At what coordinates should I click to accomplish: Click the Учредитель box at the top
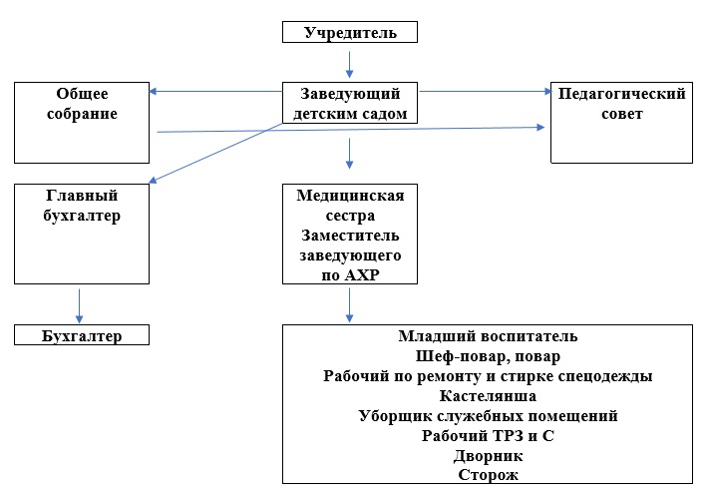tap(350, 32)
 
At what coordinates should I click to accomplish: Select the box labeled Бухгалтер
tap(82, 335)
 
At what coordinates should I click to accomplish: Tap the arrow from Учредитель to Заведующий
tap(349, 64)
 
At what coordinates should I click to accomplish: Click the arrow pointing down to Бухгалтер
tap(79, 306)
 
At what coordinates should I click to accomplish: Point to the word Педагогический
tap(621, 94)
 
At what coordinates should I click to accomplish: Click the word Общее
tap(82, 94)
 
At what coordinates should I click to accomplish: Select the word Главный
tap(82, 195)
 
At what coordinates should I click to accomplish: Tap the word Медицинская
tap(350, 195)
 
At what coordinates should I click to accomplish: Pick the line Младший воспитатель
tap(488, 335)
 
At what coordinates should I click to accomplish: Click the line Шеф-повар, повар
tap(488, 356)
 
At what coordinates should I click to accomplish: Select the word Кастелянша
tap(488, 396)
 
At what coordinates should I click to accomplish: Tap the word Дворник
tap(488, 456)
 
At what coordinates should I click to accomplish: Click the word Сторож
tap(488, 475)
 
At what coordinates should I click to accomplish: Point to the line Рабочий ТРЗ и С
tap(488, 435)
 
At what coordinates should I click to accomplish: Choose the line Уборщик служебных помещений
tap(488, 415)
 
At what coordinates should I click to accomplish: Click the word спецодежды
tap(604, 376)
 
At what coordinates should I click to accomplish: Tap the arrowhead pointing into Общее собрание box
tap(153, 92)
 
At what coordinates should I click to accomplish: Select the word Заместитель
tap(350, 235)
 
